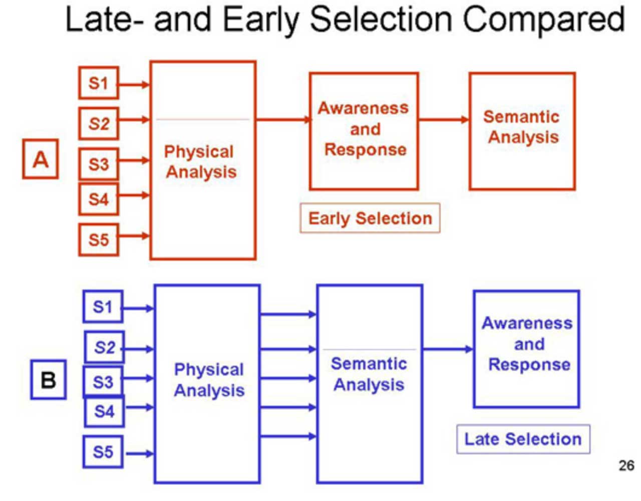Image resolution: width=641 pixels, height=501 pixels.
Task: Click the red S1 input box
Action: pos(98,83)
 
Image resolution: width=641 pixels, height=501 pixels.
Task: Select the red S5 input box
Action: pos(98,239)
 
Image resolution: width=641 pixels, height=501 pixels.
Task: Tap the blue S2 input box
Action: pos(104,347)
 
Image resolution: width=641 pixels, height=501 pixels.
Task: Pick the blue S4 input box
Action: pos(104,412)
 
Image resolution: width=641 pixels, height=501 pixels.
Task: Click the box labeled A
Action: pos(41,160)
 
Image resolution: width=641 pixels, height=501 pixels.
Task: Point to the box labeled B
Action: pos(48,380)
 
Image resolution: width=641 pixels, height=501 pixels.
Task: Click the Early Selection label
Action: pos(370,218)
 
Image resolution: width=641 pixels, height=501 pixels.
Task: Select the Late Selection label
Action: pos(523,439)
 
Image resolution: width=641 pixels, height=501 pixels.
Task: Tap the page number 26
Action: pos(626,466)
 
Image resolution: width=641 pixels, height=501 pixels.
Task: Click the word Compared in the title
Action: pos(543,20)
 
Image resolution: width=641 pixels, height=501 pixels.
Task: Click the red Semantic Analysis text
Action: pos(522,127)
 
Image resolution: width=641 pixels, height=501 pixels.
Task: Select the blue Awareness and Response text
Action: pos(527,344)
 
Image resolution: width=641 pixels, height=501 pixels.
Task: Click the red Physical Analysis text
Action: pos(200,162)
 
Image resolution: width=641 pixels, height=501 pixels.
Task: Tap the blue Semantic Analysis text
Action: pos(369,374)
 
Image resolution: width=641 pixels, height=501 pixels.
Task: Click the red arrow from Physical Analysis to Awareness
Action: pos(283,119)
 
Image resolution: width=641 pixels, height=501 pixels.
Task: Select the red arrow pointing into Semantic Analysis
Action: pos(444,119)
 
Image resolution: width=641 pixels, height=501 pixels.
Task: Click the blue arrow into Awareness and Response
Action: pos(448,349)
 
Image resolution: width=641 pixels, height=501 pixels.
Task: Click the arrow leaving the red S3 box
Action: pos(134,160)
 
